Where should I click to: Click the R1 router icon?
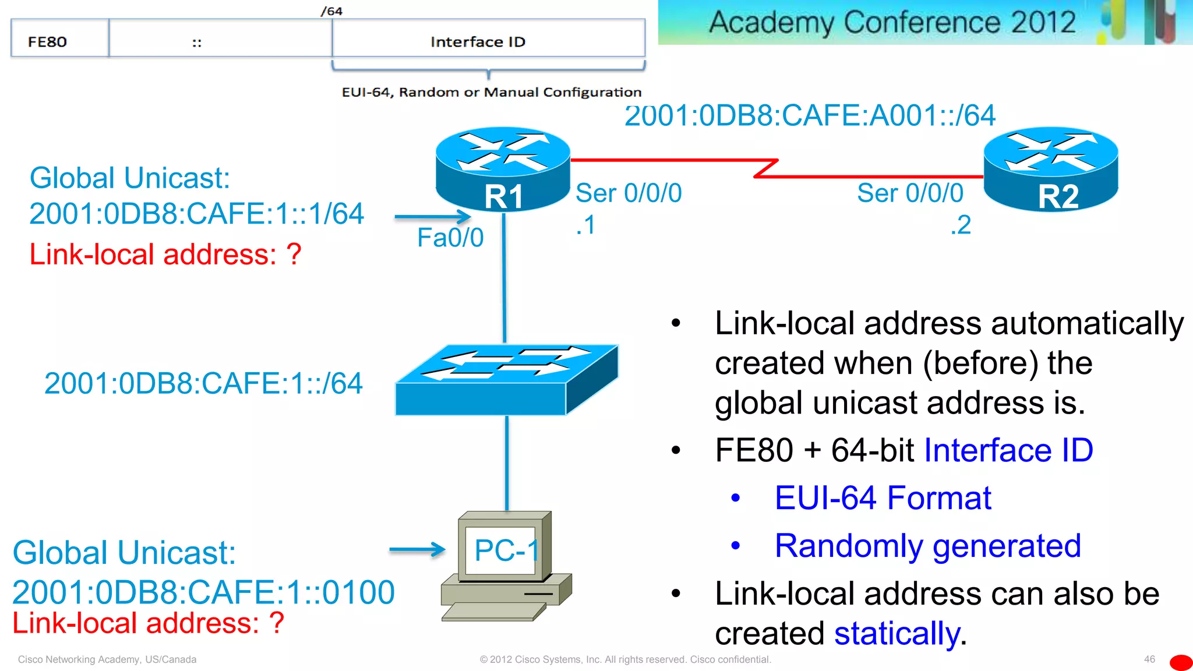tap(503, 169)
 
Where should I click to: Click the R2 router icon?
tap(1051, 169)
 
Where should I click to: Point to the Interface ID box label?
tap(478, 42)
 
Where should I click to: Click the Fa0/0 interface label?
tap(450, 238)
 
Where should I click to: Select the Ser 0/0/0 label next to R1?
tap(629, 193)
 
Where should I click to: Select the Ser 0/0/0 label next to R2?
tap(910, 193)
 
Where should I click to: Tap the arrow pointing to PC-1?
tap(417, 549)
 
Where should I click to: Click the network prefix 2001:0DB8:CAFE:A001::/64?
tap(810, 116)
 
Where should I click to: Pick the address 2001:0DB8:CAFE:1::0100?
tap(203, 592)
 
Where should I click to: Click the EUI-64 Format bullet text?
tap(883, 498)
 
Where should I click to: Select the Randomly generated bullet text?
tap(927, 546)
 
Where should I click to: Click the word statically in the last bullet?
tap(897, 634)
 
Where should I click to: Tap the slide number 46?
tap(1149, 659)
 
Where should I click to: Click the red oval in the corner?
tap(1181, 662)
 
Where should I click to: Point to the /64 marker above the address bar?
tap(331, 11)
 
